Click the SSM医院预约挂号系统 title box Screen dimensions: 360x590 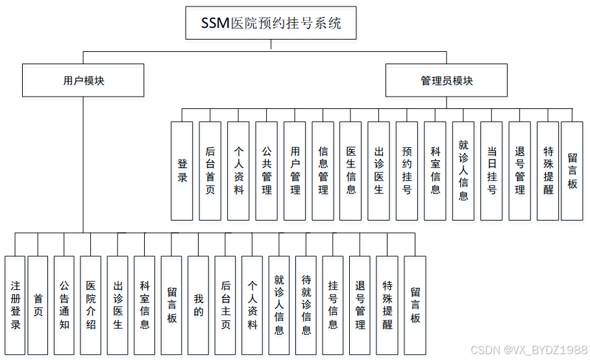pyautogui.click(x=271, y=24)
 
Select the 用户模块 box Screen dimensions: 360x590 pyautogui.click(x=83, y=80)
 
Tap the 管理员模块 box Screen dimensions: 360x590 pyautogui.click(x=447, y=80)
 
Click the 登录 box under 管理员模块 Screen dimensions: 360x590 pyautogui.click(x=182, y=171)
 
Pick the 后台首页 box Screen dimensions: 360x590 pyautogui.click(x=210, y=171)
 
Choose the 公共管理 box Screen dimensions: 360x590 pyautogui.click(x=267, y=171)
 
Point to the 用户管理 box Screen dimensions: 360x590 pyautogui.click(x=295, y=171)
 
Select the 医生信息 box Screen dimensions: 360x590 pyautogui.click(x=351, y=171)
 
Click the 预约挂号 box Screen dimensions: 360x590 pyautogui.click(x=407, y=171)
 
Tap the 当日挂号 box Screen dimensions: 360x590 pyautogui.click(x=492, y=171)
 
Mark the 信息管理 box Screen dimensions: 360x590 pyautogui.click(x=323, y=171)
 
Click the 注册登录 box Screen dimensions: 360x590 pyautogui.click(x=15, y=306)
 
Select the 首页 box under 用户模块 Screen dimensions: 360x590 pyautogui.click(x=38, y=306)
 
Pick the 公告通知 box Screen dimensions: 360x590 pyautogui.click(x=64, y=306)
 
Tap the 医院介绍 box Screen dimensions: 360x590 pyautogui.click(x=91, y=306)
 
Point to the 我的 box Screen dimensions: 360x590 pyautogui.click(x=198, y=306)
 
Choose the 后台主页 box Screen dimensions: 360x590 pyautogui.click(x=225, y=306)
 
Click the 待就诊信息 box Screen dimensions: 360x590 pyautogui.click(x=306, y=306)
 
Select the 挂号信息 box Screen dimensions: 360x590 pyautogui.click(x=333, y=306)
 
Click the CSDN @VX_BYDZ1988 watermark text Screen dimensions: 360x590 pyautogui.click(x=528, y=350)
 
